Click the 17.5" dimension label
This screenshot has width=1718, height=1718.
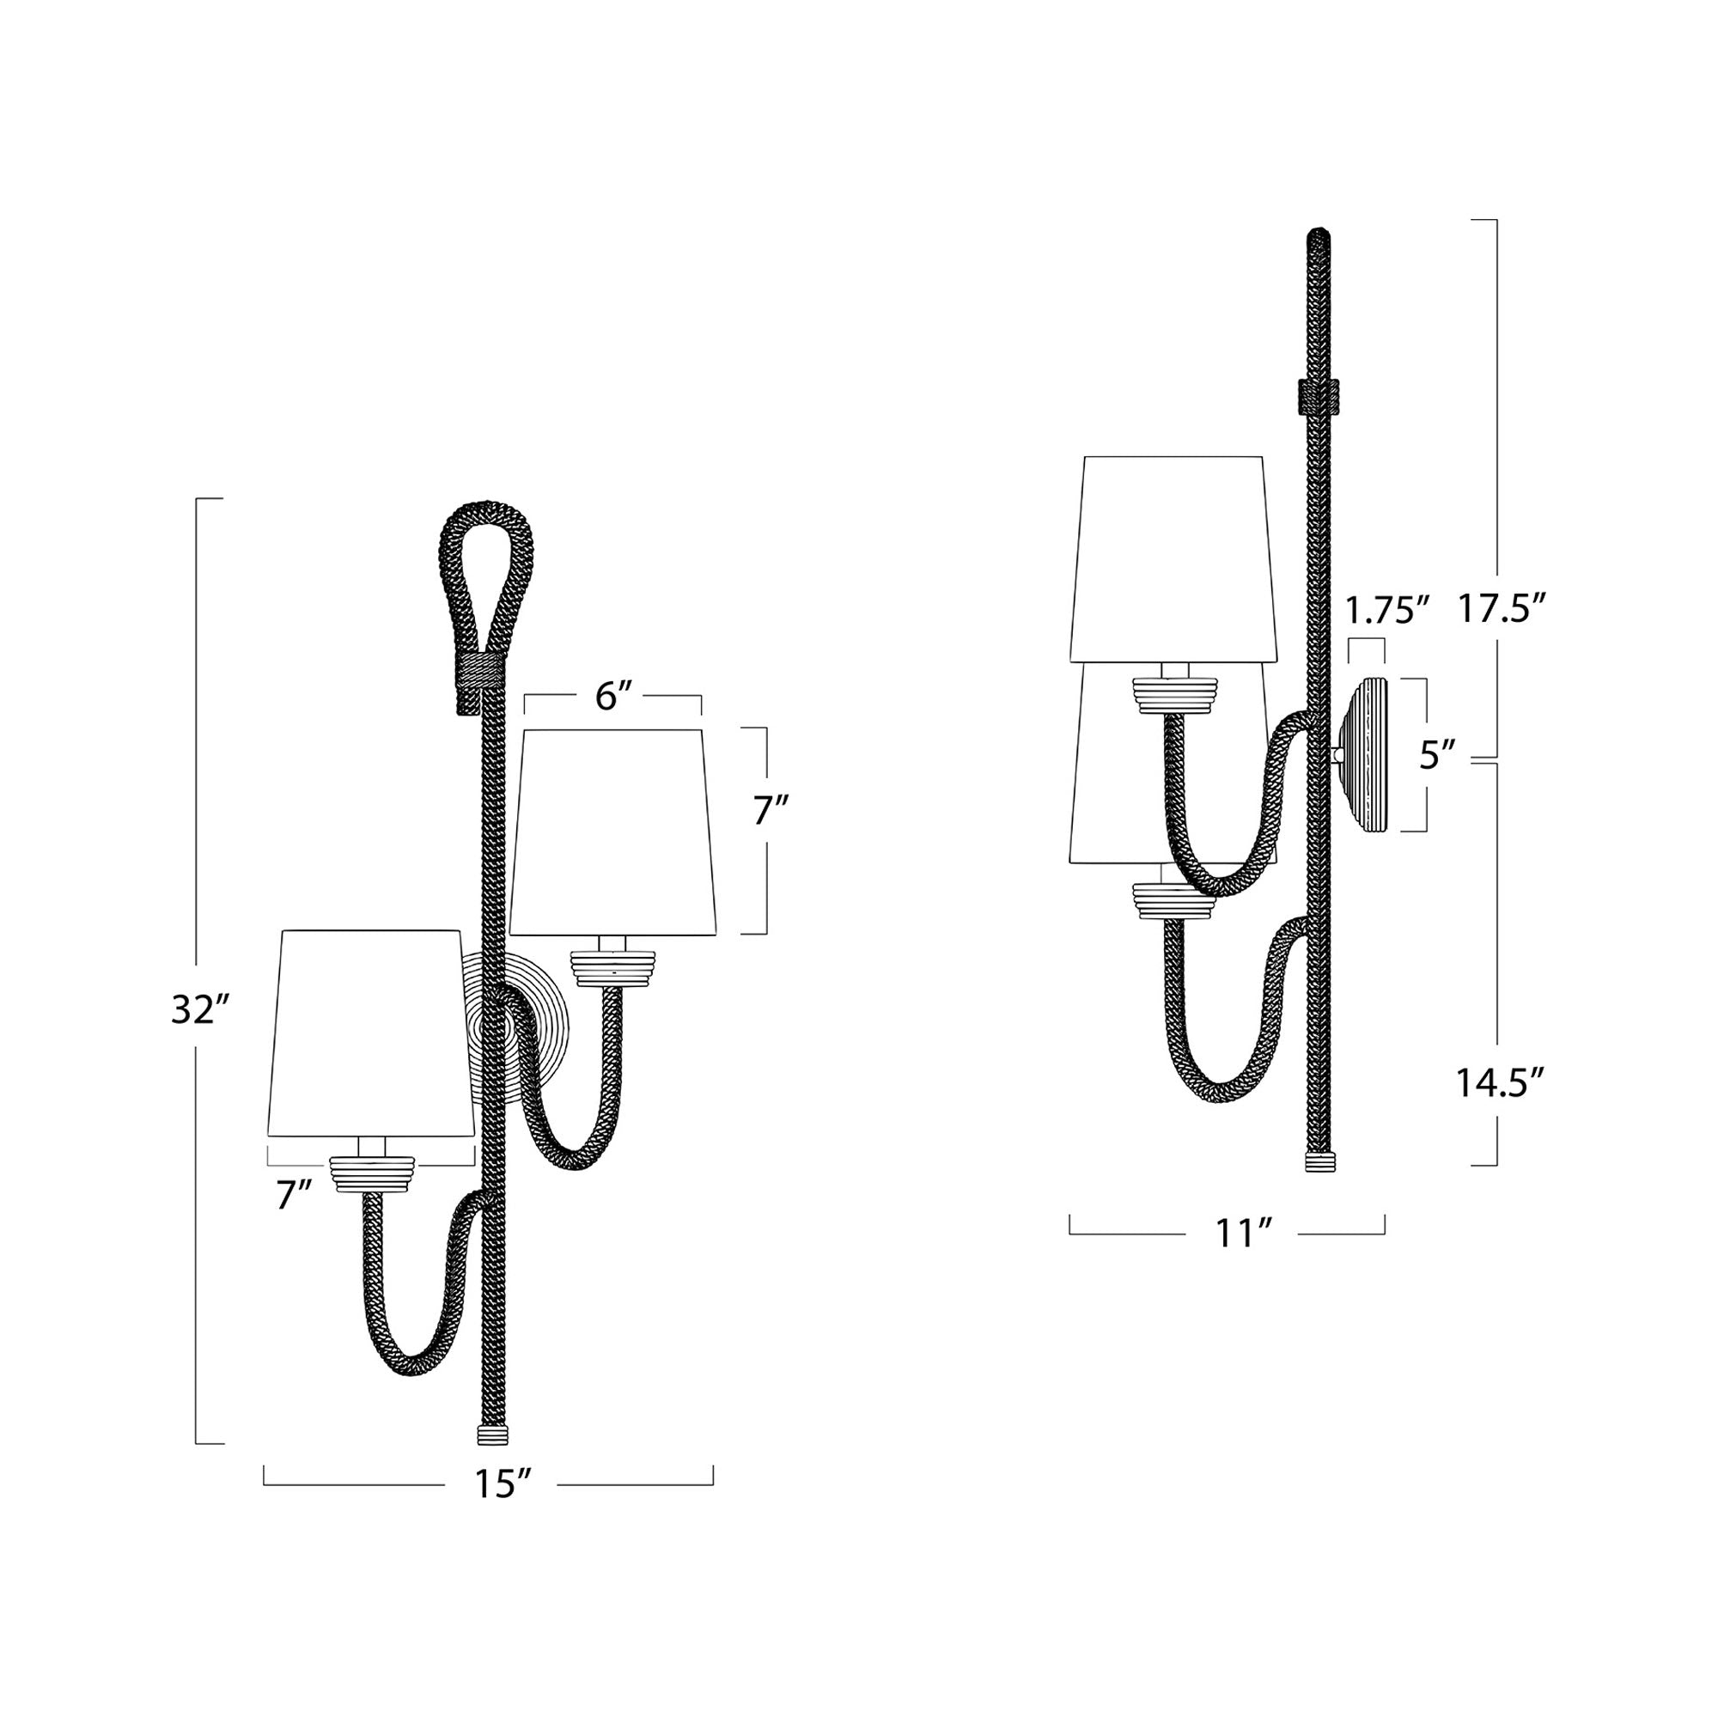coord(1501,610)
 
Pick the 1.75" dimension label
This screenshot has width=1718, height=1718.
coord(1386,610)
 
